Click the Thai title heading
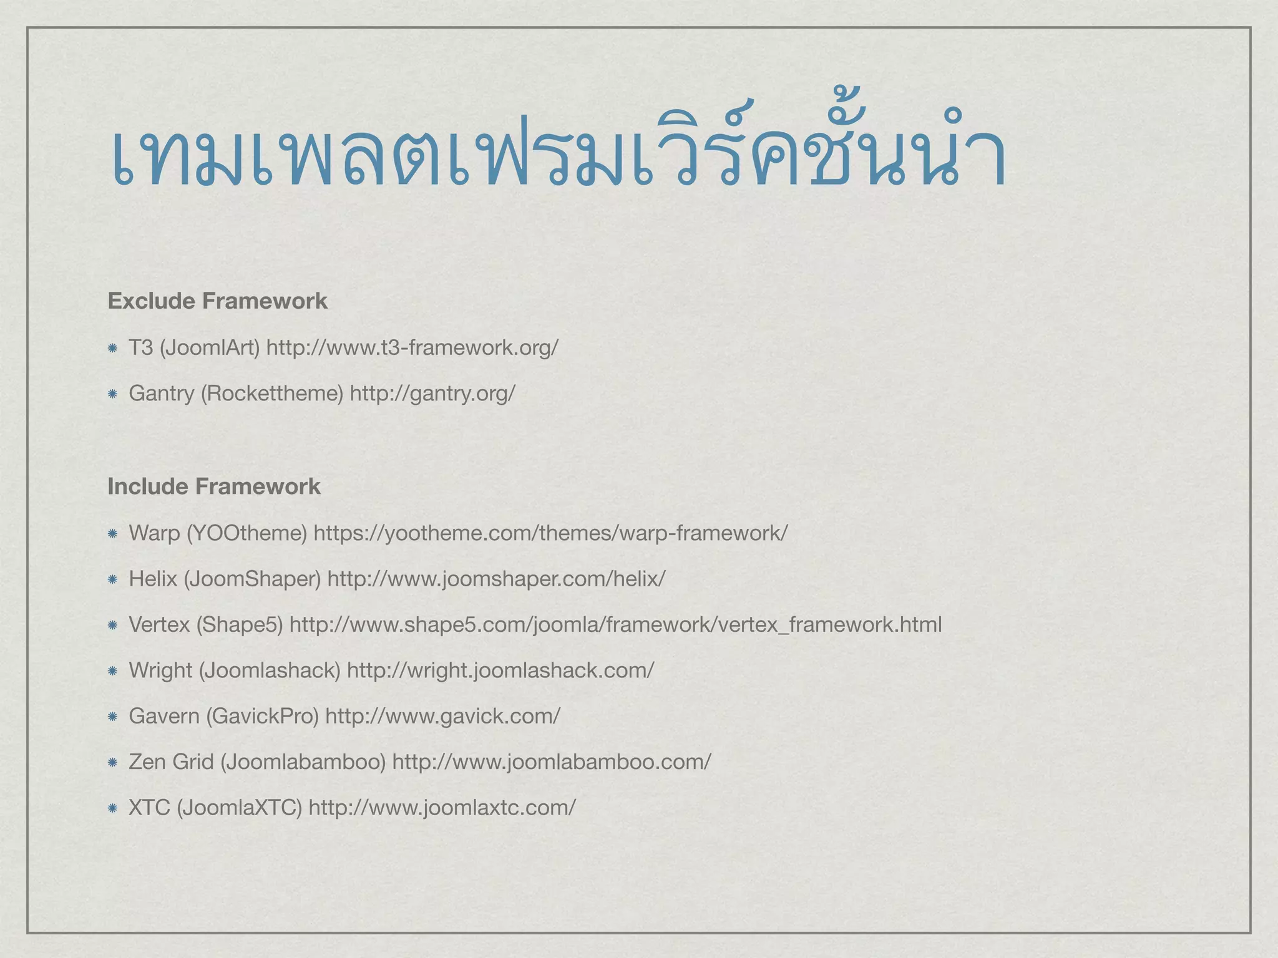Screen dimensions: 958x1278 tap(558, 153)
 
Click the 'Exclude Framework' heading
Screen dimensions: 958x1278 tap(217, 301)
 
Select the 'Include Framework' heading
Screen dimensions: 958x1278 tap(214, 486)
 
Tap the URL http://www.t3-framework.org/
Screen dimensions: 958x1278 tap(412, 347)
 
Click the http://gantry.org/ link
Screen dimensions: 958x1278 tap(432, 394)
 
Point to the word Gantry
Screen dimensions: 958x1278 tap(161, 394)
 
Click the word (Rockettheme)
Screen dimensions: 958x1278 tap(272, 394)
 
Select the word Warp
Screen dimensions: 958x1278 tap(154, 533)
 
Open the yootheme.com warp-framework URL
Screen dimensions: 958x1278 tap(550, 533)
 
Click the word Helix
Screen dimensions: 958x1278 tap(153, 579)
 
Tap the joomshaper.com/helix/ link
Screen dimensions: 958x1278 tap(496, 579)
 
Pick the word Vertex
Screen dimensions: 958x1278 tap(159, 624)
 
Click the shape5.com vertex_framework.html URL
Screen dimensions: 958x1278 tap(615, 624)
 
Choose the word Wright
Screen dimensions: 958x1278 tap(160, 670)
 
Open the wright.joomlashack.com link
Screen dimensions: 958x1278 tap(500, 670)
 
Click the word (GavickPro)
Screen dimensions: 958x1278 tap(262, 716)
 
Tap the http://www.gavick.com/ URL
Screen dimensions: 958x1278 tap(442, 716)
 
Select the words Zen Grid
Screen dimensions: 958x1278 tap(171, 762)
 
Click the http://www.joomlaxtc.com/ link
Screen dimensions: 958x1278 tap(442, 808)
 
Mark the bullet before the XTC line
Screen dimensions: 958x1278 tap(112, 808)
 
